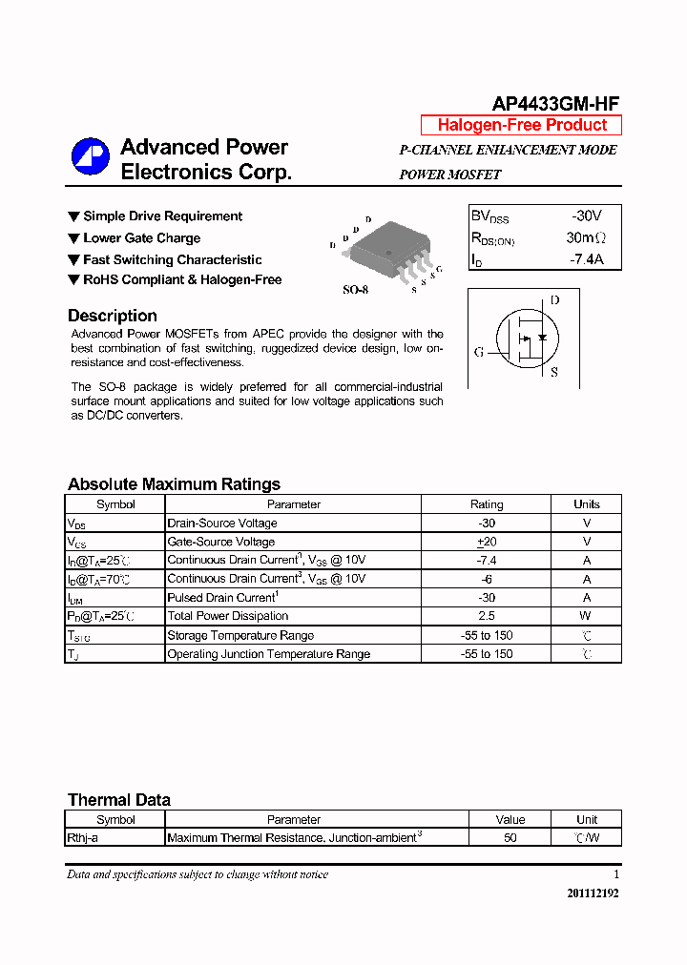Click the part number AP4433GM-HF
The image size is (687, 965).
coord(556,104)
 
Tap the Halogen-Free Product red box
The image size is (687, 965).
coord(521,125)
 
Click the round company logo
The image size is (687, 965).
coord(90,157)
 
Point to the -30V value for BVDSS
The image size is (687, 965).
coord(586,216)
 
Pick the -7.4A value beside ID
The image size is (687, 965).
coord(586,258)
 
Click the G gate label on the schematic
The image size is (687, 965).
coord(479,352)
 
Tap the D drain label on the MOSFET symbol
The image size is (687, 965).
coord(555,299)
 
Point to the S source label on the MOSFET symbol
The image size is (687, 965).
coord(554,372)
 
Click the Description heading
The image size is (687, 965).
coord(113,316)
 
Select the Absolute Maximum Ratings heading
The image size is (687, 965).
coord(174,483)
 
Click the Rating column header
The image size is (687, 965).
coord(487,504)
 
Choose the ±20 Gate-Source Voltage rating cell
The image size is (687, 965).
coord(487,542)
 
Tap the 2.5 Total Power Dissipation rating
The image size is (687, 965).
coord(487,616)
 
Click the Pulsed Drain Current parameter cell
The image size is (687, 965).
coord(222,598)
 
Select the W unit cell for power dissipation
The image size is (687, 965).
coord(587,616)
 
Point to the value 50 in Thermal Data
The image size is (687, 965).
coord(510,838)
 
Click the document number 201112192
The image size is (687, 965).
coord(593,893)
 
